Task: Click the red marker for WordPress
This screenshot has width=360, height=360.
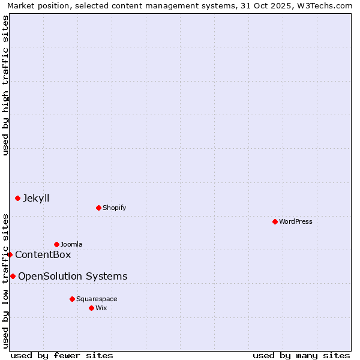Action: (275, 221)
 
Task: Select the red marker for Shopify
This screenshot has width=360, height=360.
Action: (98, 208)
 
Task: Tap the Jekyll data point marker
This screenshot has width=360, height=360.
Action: (17, 198)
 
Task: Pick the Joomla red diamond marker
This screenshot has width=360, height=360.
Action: (56, 244)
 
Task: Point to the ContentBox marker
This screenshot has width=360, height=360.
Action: (10, 254)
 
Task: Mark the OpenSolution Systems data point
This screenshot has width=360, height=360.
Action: (13, 276)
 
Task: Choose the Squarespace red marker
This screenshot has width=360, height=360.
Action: (72, 299)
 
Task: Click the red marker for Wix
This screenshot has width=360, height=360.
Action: (91, 308)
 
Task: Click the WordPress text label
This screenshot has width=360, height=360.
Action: (296, 221)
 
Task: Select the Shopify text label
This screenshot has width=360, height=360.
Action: (114, 208)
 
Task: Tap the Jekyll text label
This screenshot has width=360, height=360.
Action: (36, 198)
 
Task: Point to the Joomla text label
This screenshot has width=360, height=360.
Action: (71, 244)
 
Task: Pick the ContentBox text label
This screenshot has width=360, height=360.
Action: (43, 254)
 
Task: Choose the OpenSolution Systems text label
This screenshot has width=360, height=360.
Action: (73, 276)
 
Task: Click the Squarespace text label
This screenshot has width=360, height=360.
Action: (97, 299)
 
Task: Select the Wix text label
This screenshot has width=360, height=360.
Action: (101, 308)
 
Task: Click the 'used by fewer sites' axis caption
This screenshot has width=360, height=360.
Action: (62, 355)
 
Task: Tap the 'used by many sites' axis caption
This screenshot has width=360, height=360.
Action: (301, 355)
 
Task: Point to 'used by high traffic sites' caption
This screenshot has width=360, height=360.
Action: (5, 85)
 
